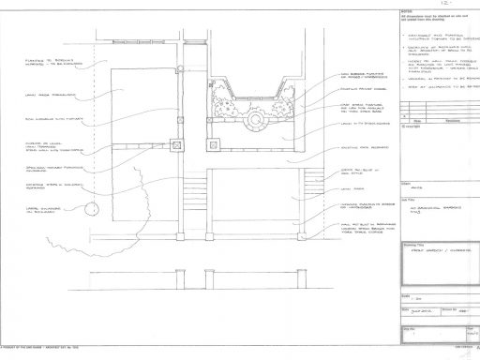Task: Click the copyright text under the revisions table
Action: [410, 127]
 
